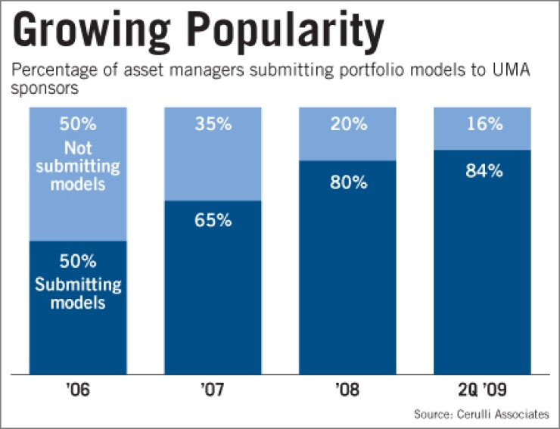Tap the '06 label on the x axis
click(x=77, y=393)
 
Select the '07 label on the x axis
click(x=213, y=393)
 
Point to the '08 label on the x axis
click(x=347, y=393)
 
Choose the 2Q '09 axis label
click(x=482, y=393)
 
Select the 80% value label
click(x=348, y=182)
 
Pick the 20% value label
click(x=348, y=124)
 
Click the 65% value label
click(x=213, y=221)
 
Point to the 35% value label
click(x=213, y=124)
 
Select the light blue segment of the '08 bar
click(x=348, y=144)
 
